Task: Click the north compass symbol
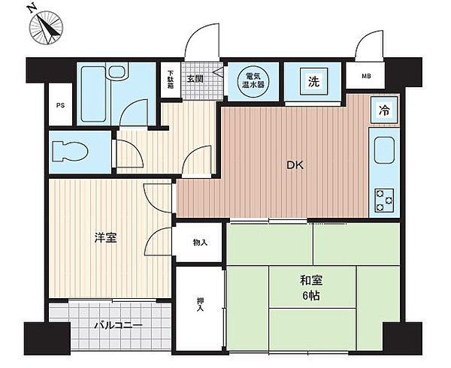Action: [x=46, y=27]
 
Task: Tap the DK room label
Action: [x=295, y=165]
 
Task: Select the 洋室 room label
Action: [x=105, y=237]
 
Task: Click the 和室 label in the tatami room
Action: [x=311, y=280]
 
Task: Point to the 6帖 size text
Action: [x=311, y=295]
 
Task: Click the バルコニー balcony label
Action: [x=119, y=325]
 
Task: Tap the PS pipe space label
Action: [x=60, y=105]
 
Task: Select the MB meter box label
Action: [x=366, y=76]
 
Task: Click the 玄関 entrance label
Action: [x=195, y=78]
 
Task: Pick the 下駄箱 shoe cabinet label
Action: [x=171, y=80]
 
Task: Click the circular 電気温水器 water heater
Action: [x=253, y=80]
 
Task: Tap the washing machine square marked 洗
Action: [x=313, y=81]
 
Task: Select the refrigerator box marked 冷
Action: [x=384, y=110]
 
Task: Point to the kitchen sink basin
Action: [x=384, y=150]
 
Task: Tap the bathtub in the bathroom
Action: [x=93, y=94]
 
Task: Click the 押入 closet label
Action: [x=200, y=305]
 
